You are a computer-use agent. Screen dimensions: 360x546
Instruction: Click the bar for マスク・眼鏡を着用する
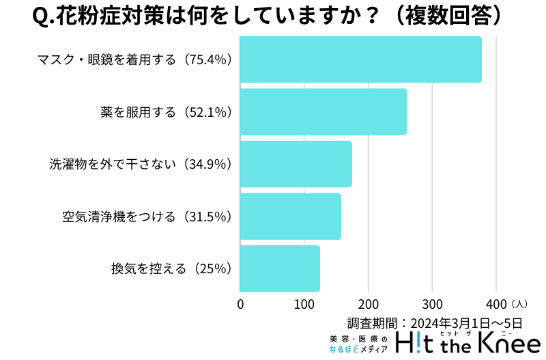pos(360,59)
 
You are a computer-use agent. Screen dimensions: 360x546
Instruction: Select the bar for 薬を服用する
pos(323,112)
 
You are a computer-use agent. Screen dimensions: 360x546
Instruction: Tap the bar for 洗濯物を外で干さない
pos(296,164)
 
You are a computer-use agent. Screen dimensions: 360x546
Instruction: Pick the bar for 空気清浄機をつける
pos(290,217)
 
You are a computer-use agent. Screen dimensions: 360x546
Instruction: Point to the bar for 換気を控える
pos(280,268)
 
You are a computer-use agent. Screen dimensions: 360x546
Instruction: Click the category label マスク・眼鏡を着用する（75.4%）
pos(135,59)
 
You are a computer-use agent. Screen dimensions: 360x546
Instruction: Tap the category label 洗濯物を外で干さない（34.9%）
pos(141,164)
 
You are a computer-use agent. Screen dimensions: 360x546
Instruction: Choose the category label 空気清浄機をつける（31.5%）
pos(147,217)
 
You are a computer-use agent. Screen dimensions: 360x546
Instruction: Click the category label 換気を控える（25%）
pos(173,268)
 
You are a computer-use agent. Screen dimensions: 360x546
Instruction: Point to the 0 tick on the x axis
pos(240,304)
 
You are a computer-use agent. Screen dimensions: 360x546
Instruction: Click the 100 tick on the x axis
pos(304,304)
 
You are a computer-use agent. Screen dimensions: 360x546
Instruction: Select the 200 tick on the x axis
pos(369,304)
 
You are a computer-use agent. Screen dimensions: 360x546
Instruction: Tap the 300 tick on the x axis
pos(433,304)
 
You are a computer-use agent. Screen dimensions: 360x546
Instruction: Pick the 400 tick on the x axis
pos(496,304)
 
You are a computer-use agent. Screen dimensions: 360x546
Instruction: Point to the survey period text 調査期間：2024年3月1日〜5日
pos(435,322)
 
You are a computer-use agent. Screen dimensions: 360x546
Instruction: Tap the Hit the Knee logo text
pos(467,343)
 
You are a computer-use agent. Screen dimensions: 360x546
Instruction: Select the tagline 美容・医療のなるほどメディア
pos(358,344)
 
